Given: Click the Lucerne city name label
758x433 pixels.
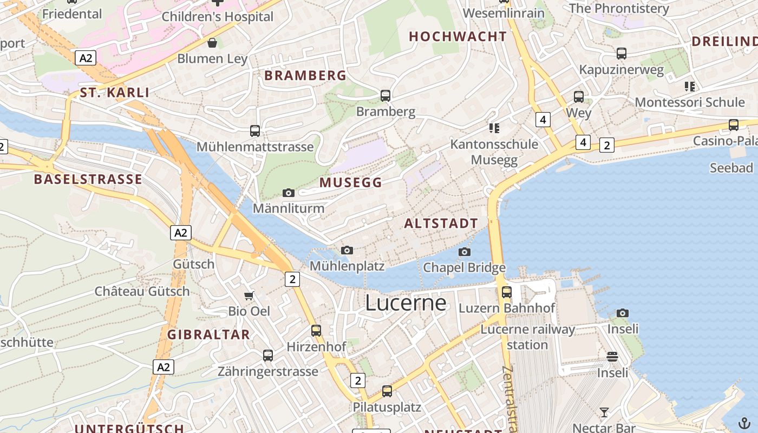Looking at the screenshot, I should pos(406,303).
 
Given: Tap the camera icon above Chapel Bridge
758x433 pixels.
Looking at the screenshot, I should pos(464,252).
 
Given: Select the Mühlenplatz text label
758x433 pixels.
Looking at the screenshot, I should pos(347,266).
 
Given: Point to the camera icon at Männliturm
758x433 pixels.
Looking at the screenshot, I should pos(289,193).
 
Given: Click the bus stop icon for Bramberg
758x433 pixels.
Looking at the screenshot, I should pos(385,96).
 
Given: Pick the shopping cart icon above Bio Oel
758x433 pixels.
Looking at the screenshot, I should pos(249,296).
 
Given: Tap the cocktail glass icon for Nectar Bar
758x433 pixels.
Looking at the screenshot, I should pos(604,412).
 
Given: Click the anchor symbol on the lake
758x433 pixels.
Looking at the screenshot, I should pos(744,423).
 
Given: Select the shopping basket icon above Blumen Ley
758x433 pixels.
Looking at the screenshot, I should pos(212,43).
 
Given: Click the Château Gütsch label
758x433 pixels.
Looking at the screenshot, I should pos(142,291).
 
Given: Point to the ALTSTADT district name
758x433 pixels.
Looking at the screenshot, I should pos(441,224).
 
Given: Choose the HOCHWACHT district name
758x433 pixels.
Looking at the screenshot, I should pos(458,36).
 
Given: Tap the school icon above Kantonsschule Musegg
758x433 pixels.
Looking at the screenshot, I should pos(494,128).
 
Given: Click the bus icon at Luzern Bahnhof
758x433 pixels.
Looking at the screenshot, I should pos(507,292).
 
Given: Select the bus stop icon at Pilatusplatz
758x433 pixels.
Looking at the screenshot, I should pos(387,391).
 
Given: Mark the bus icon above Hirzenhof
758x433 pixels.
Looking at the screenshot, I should pos(316,330).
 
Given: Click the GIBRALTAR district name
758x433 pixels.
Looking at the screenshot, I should pos(208,334).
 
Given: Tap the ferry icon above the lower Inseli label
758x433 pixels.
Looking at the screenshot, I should pos(612,356).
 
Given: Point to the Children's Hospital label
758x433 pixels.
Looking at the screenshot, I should pos(218,17).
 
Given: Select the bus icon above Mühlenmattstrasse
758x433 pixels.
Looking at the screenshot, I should pos(255,130).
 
